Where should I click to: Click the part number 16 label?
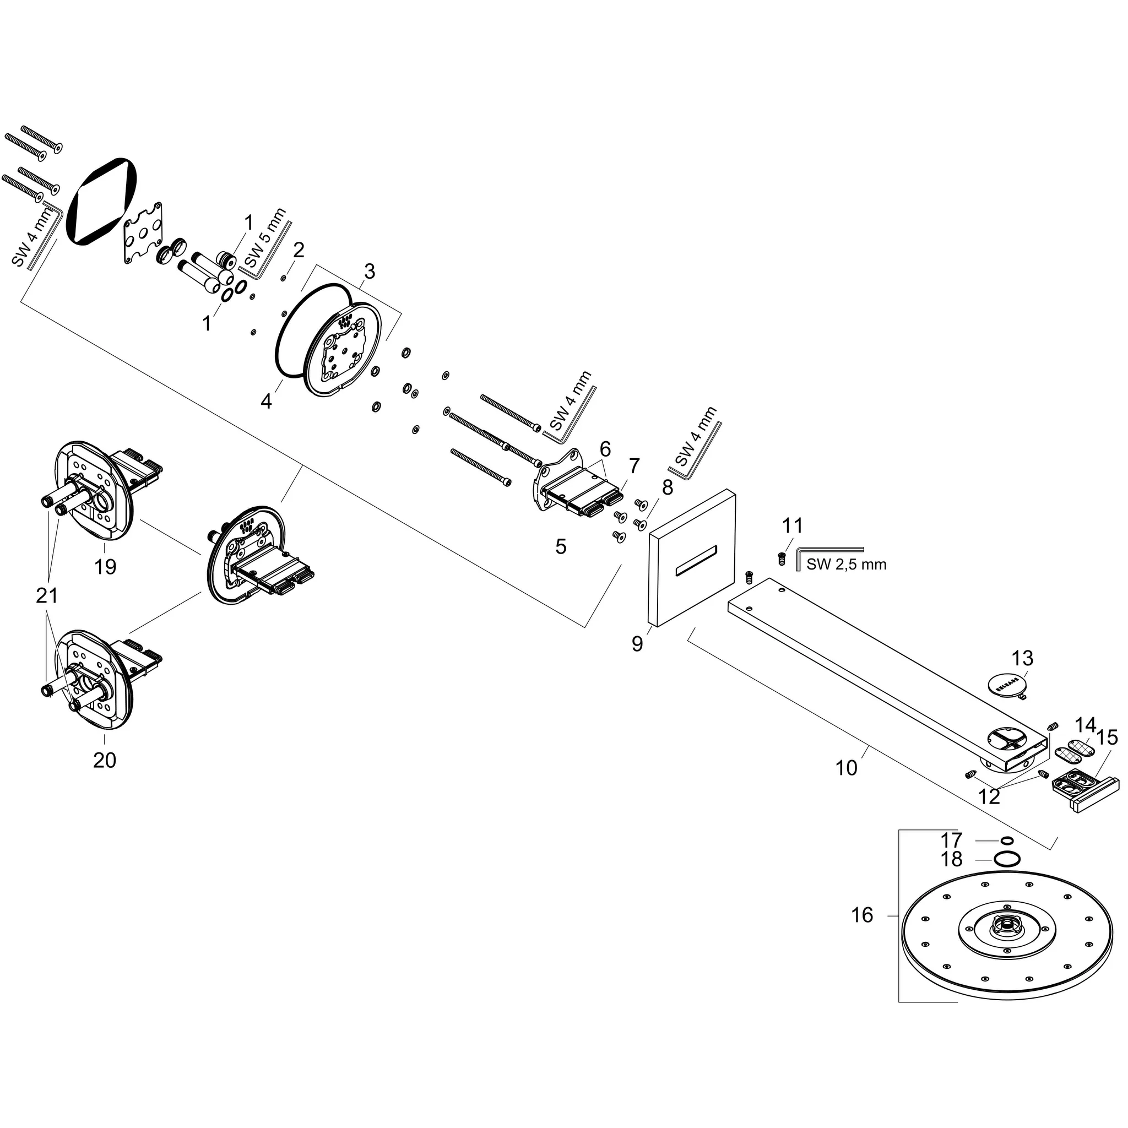click(862, 915)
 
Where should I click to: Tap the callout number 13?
click(1022, 658)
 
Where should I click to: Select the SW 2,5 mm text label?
click(846, 565)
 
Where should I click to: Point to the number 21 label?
click(47, 595)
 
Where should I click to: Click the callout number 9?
click(637, 644)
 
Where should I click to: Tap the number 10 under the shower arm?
click(846, 768)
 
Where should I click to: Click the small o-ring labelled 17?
click(1007, 840)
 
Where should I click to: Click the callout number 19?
click(105, 566)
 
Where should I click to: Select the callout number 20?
click(105, 760)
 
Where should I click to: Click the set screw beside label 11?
click(781, 558)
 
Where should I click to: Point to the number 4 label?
click(266, 401)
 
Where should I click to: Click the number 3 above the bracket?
click(369, 272)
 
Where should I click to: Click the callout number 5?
click(561, 546)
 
